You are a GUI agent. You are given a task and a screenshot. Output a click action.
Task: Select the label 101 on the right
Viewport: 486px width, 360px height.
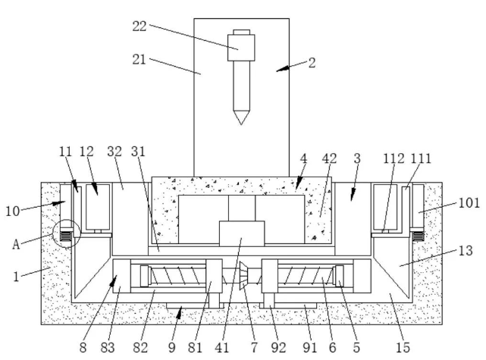point(469,203)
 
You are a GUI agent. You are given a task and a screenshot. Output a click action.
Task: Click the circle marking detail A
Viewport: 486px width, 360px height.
point(65,236)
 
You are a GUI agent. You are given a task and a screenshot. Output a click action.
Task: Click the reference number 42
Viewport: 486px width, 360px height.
point(329,158)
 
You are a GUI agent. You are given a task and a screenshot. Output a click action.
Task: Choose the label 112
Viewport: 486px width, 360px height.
point(393,158)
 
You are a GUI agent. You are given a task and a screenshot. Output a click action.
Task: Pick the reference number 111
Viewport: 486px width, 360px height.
point(422,158)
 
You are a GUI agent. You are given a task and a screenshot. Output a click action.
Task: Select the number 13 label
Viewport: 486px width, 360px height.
point(466,251)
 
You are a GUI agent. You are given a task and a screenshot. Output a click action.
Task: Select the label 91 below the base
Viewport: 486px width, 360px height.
point(308,347)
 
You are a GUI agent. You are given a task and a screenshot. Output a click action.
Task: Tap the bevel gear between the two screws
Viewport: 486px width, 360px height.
point(243,278)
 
